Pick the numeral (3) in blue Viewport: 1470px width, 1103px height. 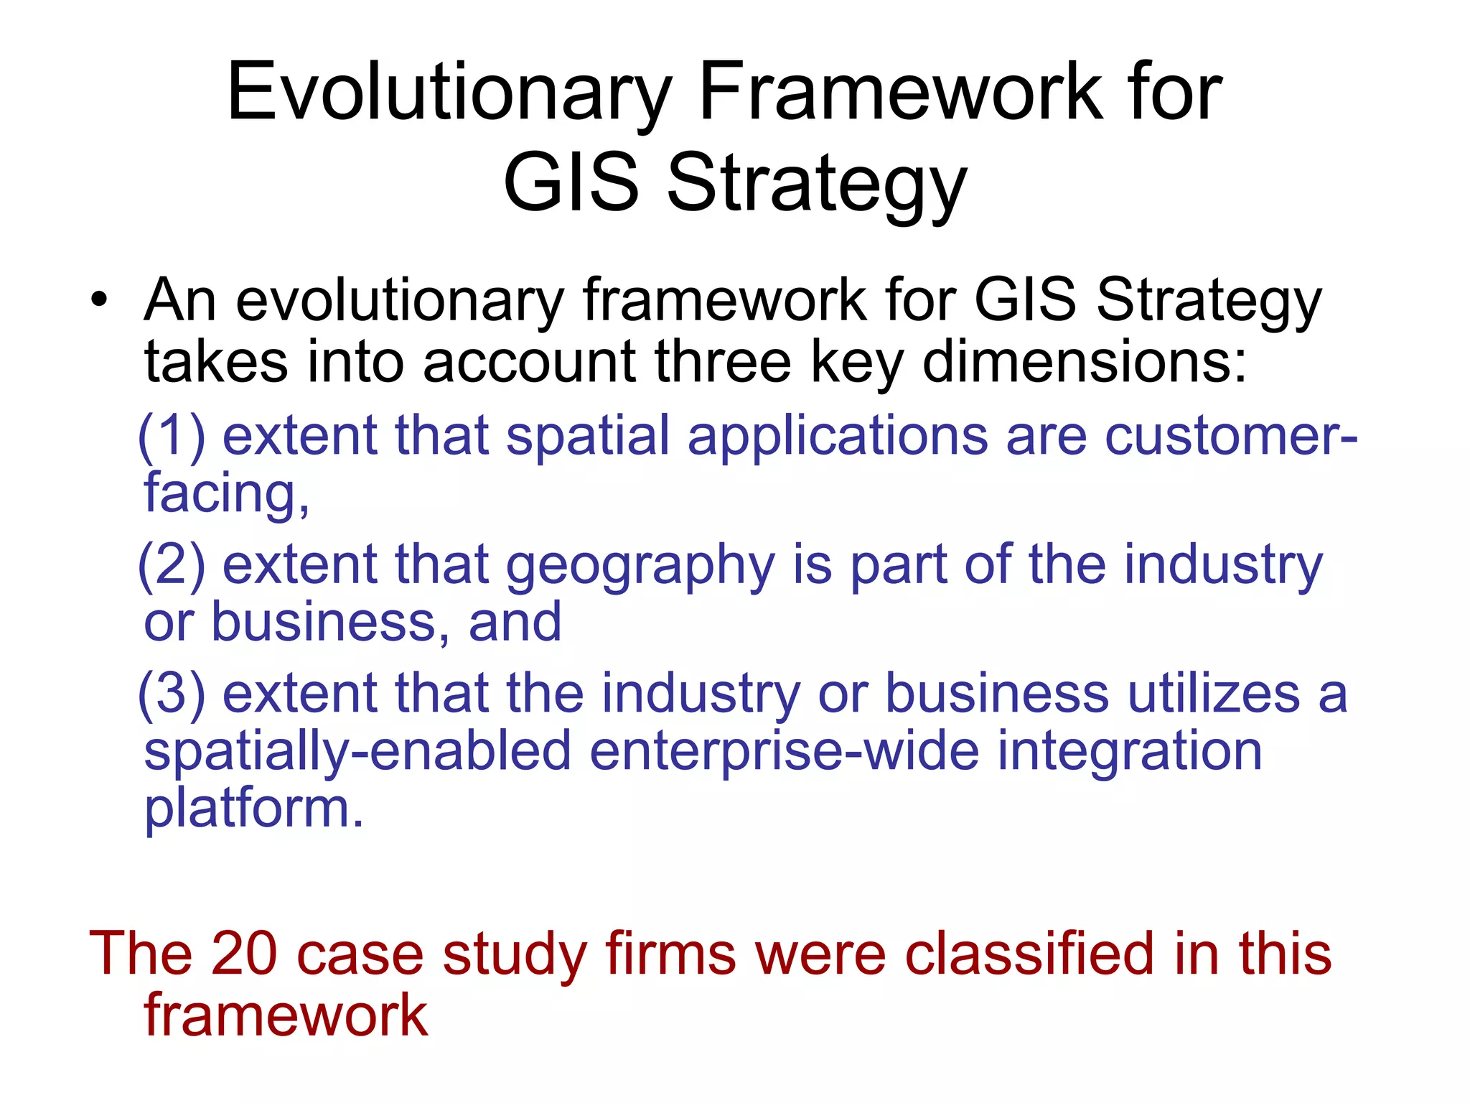(172, 694)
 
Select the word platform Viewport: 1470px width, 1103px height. (253, 809)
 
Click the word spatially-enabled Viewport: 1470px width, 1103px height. (357, 753)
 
